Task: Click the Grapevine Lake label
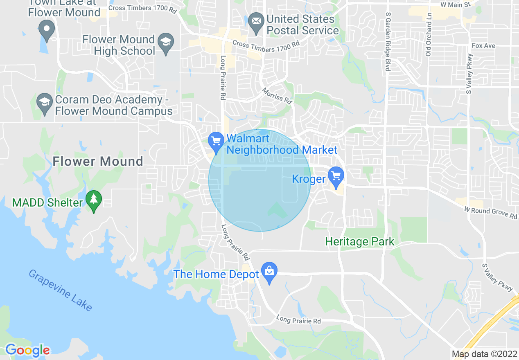click(x=60, y=290)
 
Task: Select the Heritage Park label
click(x=359, y=242)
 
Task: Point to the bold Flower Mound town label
click(x=98, y=162)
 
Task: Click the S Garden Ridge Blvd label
click(x=388, y=41)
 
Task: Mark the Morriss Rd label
click(x=278, y=95)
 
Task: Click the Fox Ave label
click(x=483, y=45)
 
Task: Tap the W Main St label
click(x=456, y=5)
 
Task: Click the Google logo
click(x=27, y=351)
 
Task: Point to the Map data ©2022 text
click(x=484, y=354)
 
